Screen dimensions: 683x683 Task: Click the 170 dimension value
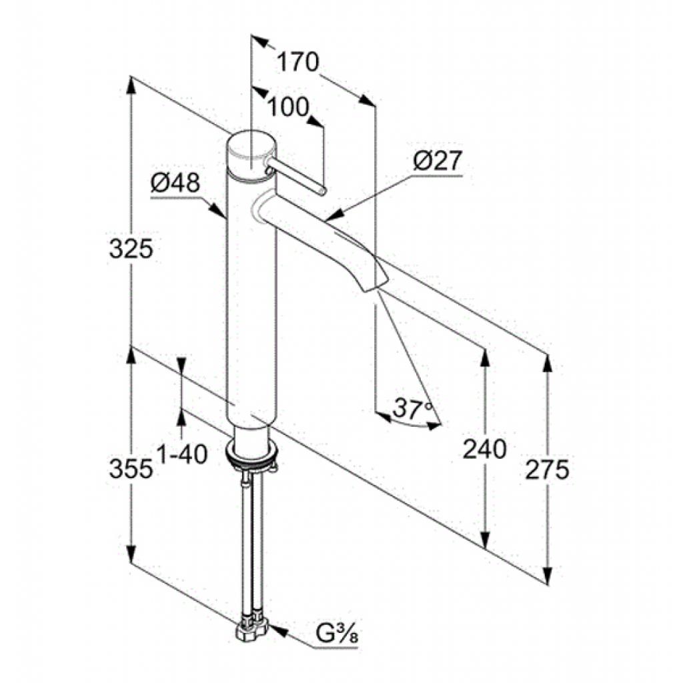click(298, 62)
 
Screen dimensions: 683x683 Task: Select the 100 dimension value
click(287, 107)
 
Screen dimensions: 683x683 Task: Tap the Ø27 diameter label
click(436, 161)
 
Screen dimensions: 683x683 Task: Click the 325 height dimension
click(131, 249)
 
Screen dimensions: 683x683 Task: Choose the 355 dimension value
click(131, 469)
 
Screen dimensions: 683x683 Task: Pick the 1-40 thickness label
click(181, 455)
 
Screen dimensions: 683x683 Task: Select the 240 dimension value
click(484, 449)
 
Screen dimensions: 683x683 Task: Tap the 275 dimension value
click(547, 469)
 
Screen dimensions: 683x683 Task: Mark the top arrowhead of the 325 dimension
click(131, 86)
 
